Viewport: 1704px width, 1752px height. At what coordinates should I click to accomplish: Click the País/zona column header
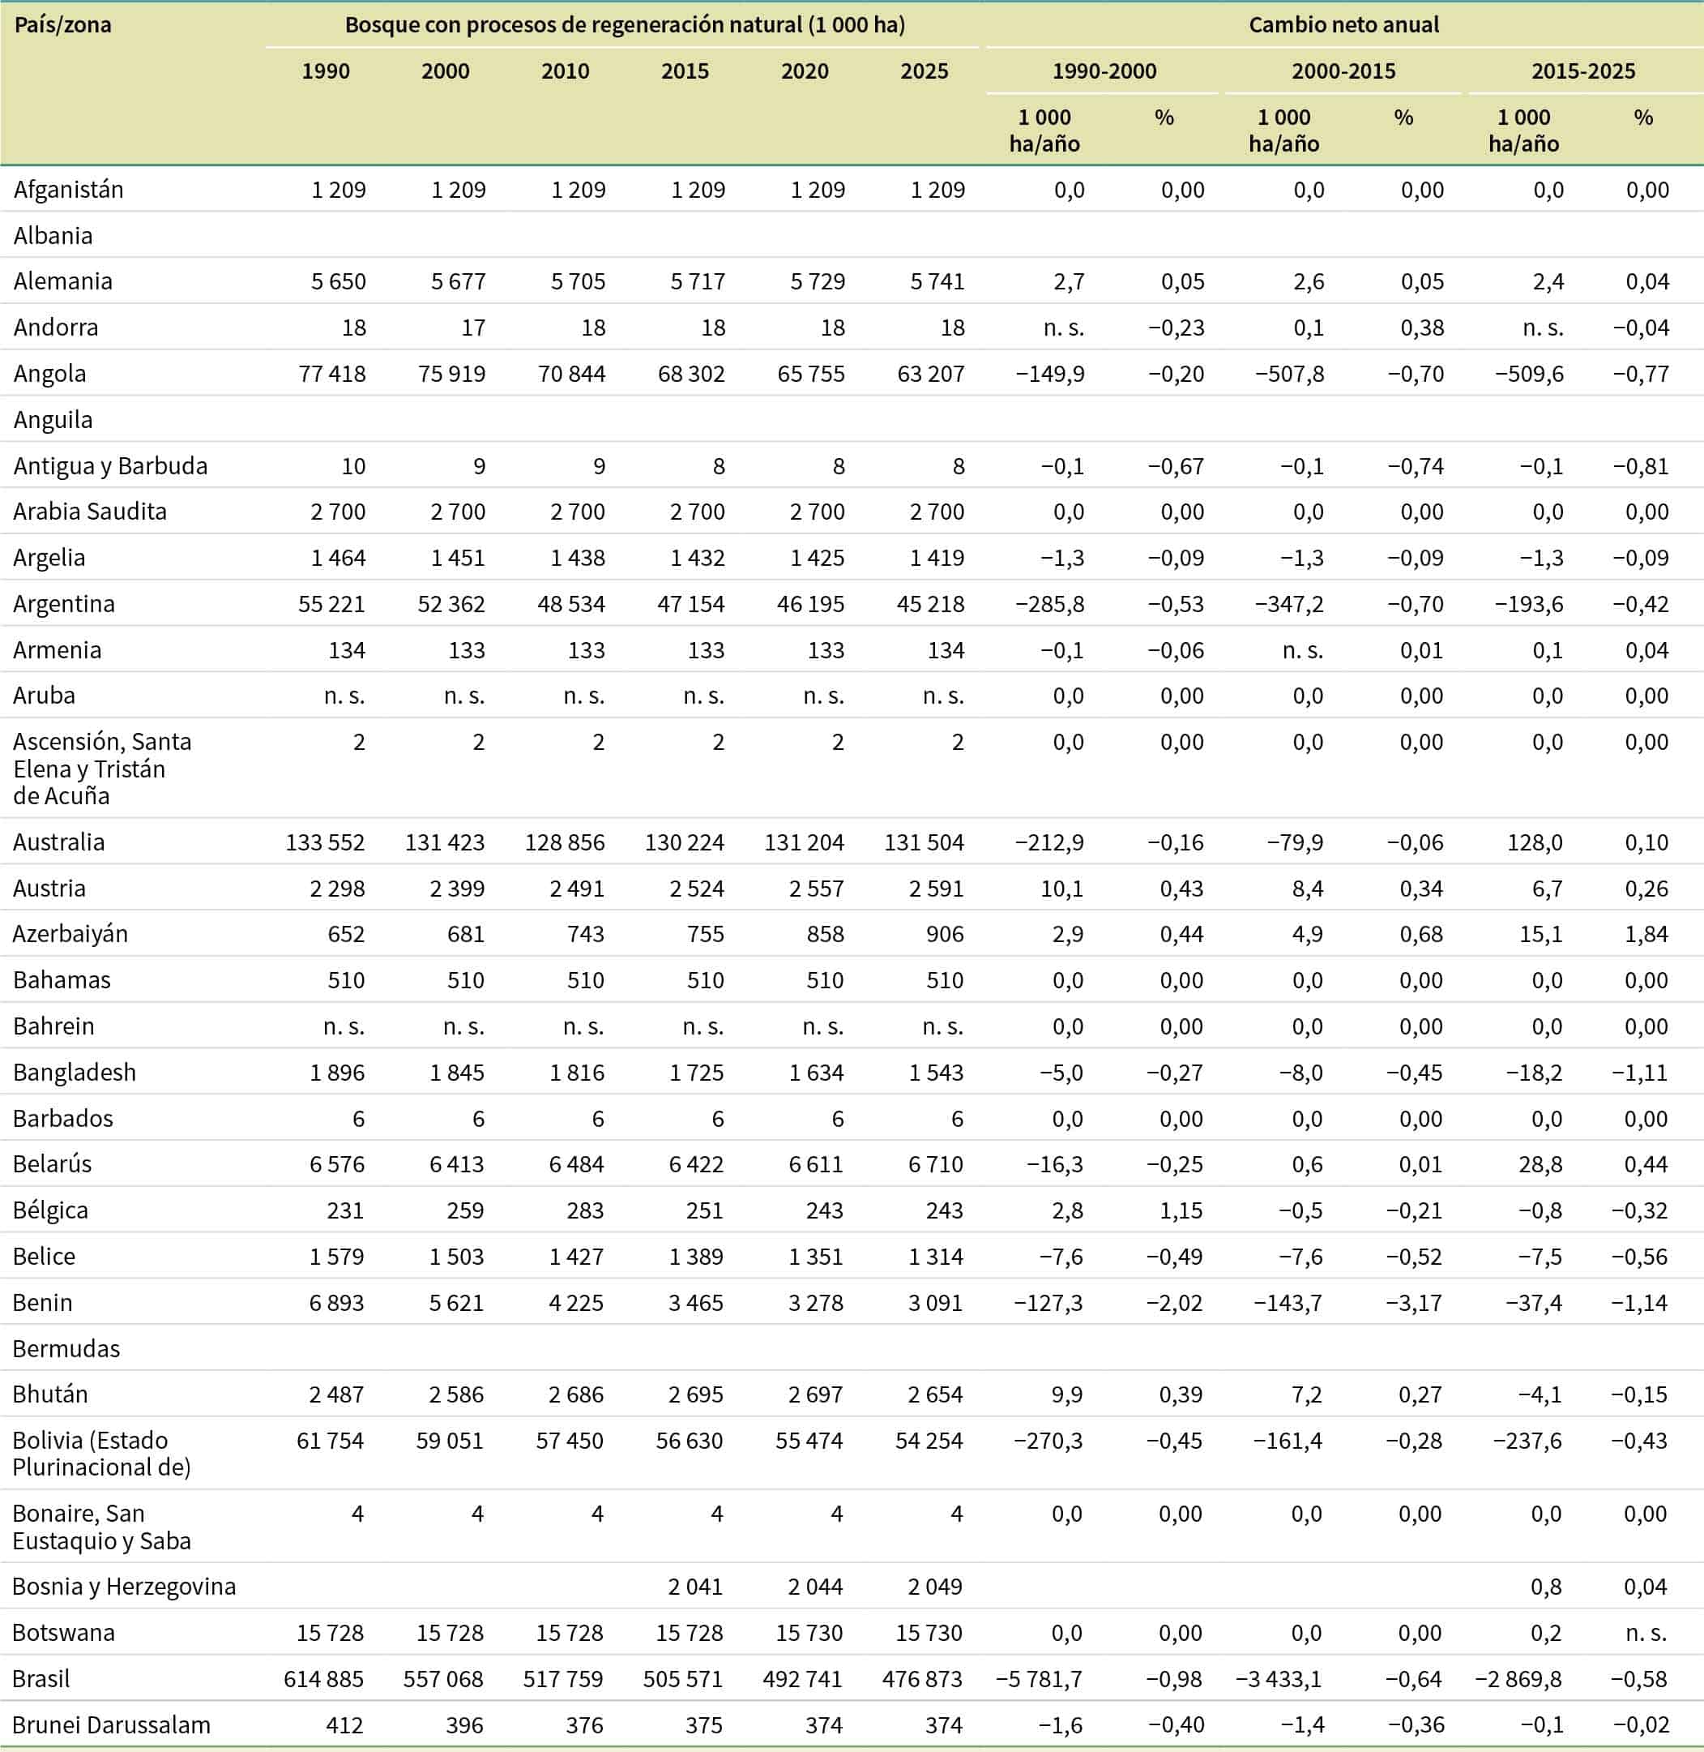(62, 24)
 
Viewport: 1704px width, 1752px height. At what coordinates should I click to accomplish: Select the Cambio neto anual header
(1343, 24)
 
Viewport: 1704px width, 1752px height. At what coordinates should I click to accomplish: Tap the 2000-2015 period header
(1343, 71)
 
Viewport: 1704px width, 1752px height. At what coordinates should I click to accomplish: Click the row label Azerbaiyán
(70, 934)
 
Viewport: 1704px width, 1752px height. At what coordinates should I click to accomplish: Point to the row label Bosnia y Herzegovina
(125, 1587)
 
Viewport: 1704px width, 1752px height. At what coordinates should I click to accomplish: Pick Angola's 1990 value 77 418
(332, 373)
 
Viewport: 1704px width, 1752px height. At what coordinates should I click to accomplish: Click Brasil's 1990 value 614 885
(324, 1678)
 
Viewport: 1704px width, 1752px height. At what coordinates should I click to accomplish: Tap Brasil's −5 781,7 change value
(1039, 1678)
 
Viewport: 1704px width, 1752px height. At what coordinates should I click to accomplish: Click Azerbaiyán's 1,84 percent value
(1646, 934)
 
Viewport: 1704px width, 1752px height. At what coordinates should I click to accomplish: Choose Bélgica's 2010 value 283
(585, 1210)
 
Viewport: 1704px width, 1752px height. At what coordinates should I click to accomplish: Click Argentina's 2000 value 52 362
(451, 603)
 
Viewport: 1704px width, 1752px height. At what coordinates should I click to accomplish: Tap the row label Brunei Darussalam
(112, 1725)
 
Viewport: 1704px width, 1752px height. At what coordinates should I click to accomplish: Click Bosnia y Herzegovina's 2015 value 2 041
(695, 1587)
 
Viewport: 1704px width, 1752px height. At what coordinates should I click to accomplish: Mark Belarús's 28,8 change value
(1541, 1164)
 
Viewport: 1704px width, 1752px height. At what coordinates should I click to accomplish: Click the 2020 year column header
(805, 71)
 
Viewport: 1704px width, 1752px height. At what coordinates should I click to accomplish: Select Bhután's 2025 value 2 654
(935, 1394)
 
